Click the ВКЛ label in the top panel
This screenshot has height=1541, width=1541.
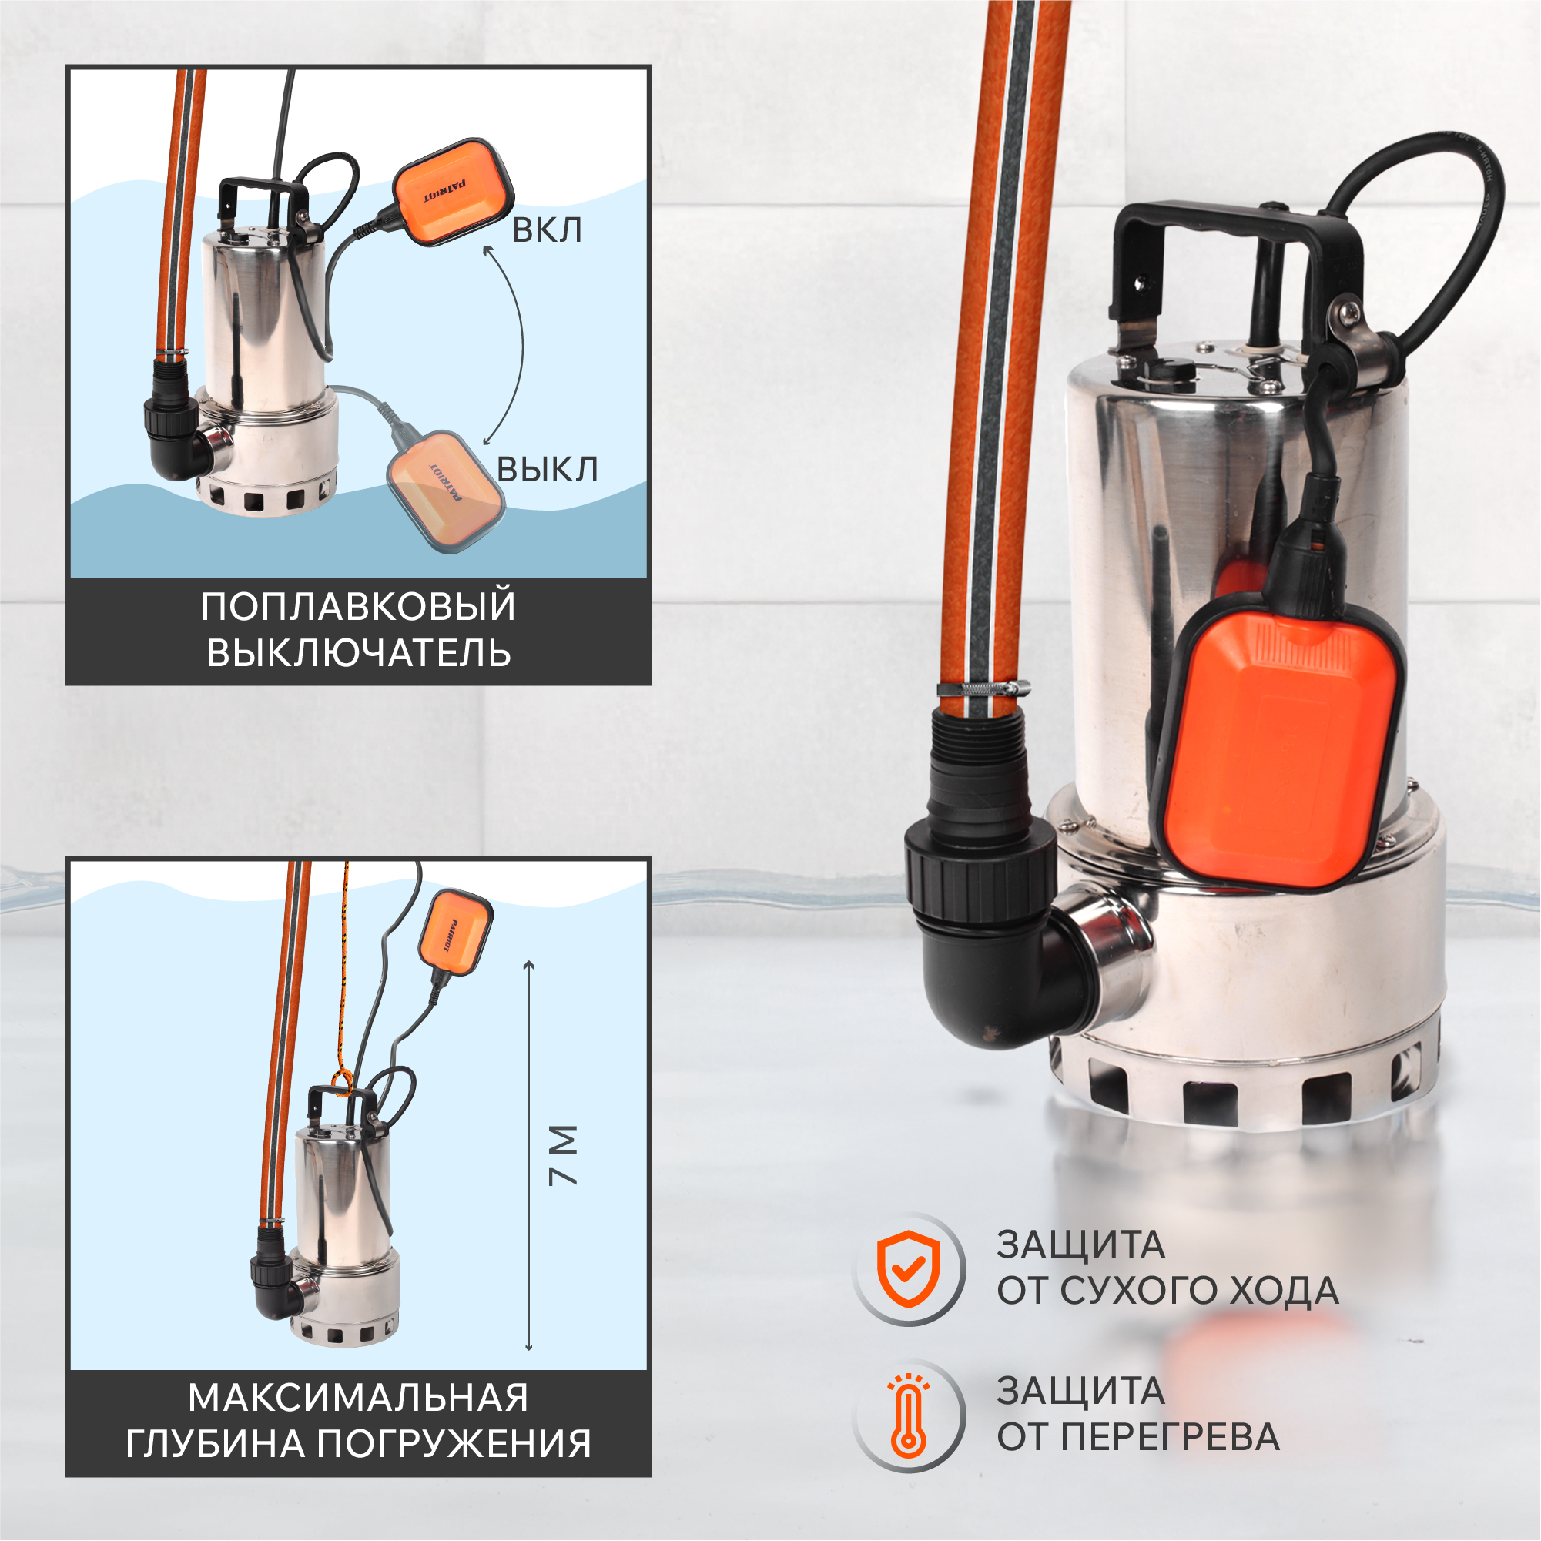[x=546, y=229]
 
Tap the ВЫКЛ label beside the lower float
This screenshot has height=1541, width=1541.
[x=547, y=469]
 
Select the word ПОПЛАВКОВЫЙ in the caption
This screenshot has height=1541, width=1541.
[x=358, y=606]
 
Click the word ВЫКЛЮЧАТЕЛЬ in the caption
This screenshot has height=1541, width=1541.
[x=358, y=652]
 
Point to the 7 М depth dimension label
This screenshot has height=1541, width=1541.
[x=564, y=1155]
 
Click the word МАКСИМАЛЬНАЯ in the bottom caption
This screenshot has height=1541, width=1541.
[x=358, y=1399]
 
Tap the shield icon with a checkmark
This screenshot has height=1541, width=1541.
[x=909, y=1269]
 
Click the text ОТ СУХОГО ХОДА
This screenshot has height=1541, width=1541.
[x=1167, y=1291]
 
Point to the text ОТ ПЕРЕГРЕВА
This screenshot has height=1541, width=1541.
[x=1138, y=1437]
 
